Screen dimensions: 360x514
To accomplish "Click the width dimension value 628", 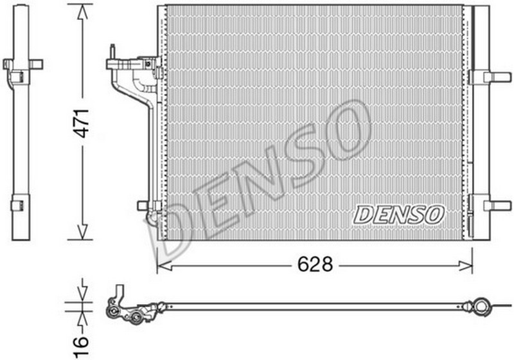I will [x=315, y=264].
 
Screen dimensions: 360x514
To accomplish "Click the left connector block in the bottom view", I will [x=125, y=311].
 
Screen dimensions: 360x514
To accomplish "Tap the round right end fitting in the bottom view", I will [x=479, y=304].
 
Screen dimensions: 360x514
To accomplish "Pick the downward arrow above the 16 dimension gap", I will [x=82, y=291].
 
